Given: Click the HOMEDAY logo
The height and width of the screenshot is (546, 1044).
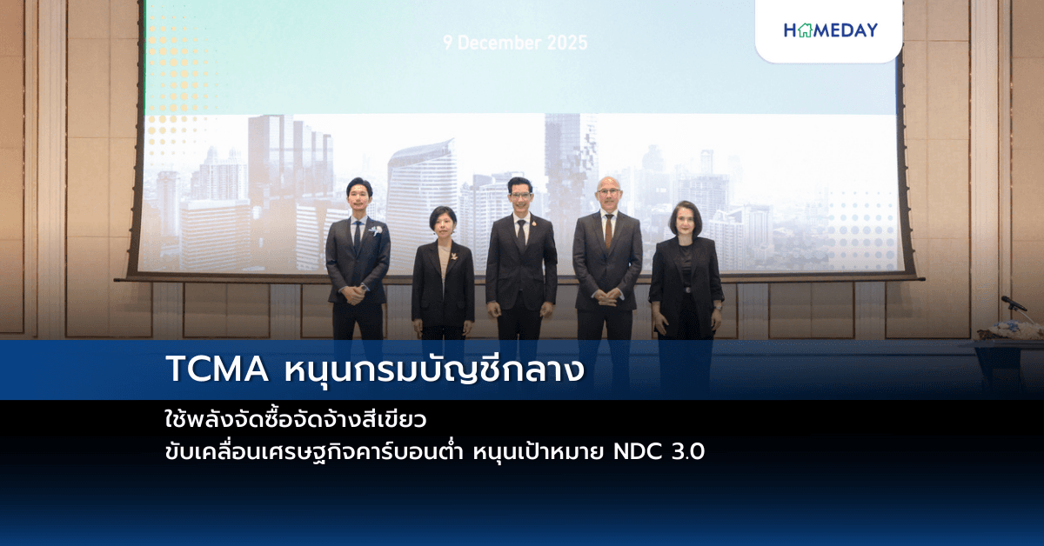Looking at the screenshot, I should (830, 30).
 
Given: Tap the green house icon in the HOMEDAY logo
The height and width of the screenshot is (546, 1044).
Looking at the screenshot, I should (803, 30).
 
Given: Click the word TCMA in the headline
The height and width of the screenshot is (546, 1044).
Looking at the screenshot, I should (217, 370).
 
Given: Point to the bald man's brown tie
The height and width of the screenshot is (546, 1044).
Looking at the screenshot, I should (608, 230).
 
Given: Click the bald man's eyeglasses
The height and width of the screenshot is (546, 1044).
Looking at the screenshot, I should (608, 191).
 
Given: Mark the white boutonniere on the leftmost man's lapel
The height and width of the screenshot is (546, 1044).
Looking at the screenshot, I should (375, 231).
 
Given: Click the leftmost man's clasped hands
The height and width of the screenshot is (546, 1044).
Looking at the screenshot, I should (353, 292).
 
